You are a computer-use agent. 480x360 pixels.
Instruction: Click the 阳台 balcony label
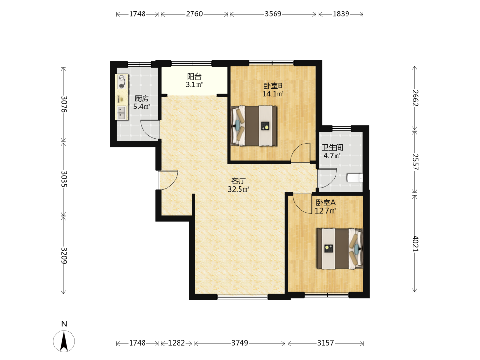click(194, 76)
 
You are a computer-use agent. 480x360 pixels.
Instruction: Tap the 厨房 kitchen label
click(142, 98)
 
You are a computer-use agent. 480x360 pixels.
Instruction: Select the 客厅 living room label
click(239, 181)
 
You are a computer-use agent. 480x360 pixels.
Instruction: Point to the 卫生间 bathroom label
click(332, 147)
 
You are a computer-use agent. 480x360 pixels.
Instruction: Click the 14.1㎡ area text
click(273, 94)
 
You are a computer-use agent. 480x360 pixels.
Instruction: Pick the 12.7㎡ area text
click(325, 211)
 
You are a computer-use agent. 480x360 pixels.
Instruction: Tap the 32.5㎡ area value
click(239, 189)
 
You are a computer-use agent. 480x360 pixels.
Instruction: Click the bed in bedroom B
click(254, 125)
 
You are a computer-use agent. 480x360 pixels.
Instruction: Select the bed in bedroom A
click(340, 249)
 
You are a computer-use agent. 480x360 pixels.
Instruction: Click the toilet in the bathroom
click(355, 178)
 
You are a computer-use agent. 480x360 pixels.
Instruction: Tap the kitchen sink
click(121, 112)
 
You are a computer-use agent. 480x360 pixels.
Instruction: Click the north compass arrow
click(64, 341)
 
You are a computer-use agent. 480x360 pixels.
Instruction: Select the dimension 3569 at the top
click(273, 14)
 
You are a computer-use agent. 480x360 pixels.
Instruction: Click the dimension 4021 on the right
click(415, 243)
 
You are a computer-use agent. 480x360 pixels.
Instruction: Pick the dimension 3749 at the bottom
click(240, 343)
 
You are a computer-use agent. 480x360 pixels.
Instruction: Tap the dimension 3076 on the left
click(64, 104)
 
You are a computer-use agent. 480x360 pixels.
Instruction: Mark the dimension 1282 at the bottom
click(177, 343)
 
